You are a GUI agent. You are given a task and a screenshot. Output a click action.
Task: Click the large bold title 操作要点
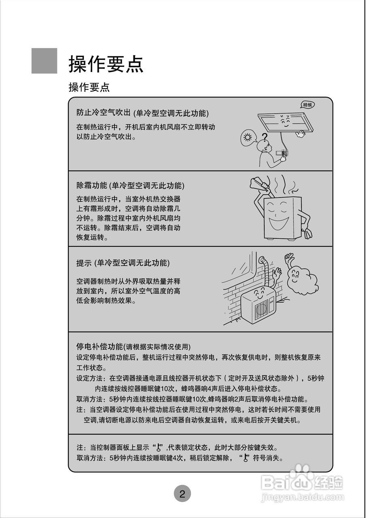tap(106, 64)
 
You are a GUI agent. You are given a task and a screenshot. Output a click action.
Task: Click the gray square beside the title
tap(44, 61)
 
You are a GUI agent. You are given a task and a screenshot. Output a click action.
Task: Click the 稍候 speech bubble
tap(308, 105)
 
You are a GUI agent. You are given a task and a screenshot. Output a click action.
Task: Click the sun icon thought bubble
tap(248, 138)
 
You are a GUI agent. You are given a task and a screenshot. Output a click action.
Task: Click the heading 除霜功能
tap(92, 185)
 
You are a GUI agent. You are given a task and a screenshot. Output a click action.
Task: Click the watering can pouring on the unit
tap(257, 184)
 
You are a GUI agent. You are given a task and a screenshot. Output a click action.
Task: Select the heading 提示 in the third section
tap(84, 263)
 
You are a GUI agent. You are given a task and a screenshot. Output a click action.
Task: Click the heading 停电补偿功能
tap(99, 347)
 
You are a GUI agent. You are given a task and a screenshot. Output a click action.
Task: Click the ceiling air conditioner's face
tap(285, 121)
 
